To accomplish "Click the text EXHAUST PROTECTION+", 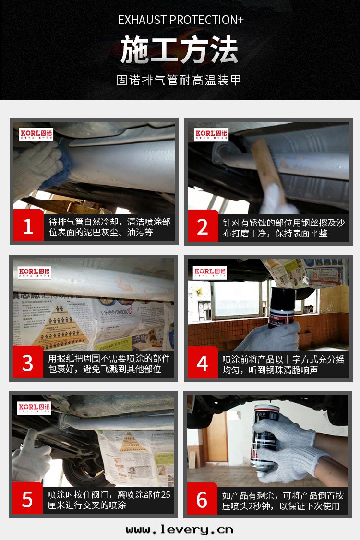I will (180, 20).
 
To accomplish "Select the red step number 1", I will (28, 226).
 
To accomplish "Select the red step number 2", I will (202, 226).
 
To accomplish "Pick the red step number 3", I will (28, 363).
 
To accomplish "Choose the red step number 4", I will (202, 363).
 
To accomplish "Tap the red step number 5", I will (28, 499).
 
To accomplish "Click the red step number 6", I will (202, 499).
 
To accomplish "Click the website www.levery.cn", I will (180, 529).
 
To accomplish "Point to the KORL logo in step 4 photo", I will (210, 273).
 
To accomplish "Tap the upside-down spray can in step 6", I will (264, 436).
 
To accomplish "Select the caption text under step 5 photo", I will (108, 499).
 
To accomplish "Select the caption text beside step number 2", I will (283, 228).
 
